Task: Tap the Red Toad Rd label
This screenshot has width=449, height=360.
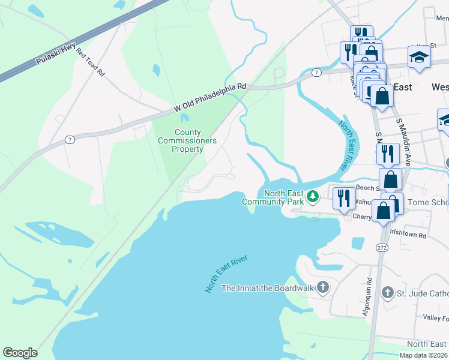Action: (x=90, y=62)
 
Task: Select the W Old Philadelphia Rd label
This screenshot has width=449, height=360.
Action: (x=210, y=97)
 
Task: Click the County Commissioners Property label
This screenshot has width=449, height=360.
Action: (x=187, y=140)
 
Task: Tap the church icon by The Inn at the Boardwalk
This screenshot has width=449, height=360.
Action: (x=323, y=287)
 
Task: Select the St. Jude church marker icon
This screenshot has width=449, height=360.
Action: (x=388, y=293)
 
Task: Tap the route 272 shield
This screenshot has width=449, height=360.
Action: (x=382, y=247)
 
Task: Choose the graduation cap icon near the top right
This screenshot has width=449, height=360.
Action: (x=419, y=56)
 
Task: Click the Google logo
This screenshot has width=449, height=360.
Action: (x=20, y=353)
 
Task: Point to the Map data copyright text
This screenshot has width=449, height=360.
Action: (x=424, y=355)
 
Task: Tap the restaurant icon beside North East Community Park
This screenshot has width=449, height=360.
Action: (x=343, y=197)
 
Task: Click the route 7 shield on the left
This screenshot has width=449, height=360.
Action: (x=70, y=140)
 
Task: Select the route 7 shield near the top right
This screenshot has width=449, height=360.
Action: (x=316, y=73)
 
